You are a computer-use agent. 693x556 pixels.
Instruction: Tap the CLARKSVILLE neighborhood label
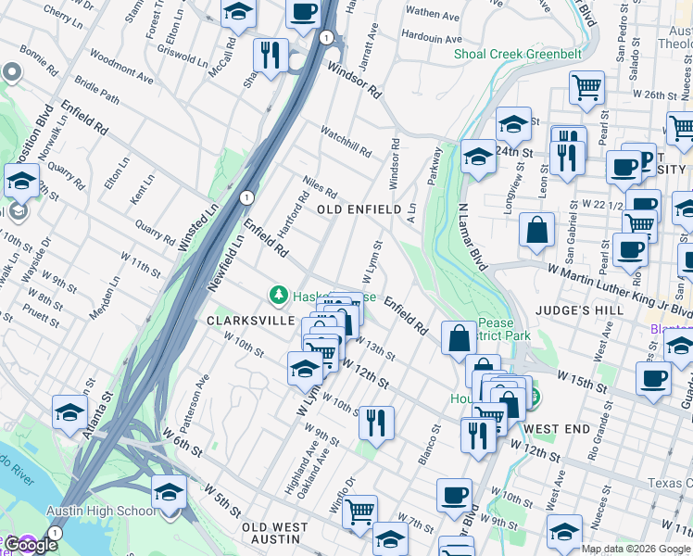[x=242, y=322]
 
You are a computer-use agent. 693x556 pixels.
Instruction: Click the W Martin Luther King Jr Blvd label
[x=619, y=288]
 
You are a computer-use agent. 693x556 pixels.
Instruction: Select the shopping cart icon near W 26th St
[x=586, y=87]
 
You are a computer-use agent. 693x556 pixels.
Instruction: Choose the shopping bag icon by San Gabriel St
[x=537, y=228]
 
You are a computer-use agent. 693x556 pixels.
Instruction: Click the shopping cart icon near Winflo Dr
[x=359, y=510]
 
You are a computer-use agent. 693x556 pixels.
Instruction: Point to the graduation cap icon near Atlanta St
[x=70, y=411]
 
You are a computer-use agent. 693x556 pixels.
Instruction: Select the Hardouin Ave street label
[x=433, y=38]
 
